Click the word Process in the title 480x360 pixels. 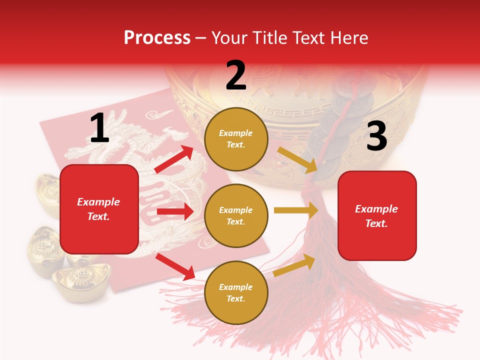pos(157,38)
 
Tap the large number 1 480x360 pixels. pos(99,128)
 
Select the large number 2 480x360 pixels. pos(236,75)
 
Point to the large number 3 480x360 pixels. pos(376,136)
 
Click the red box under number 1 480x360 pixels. pos(99,209)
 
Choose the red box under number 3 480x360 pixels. pos(377,216)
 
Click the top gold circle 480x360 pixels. pos(236,139)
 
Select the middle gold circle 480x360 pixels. pos(236,216)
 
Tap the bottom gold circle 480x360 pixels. pos(236,293)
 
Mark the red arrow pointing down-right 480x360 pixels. pos(175,266)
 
